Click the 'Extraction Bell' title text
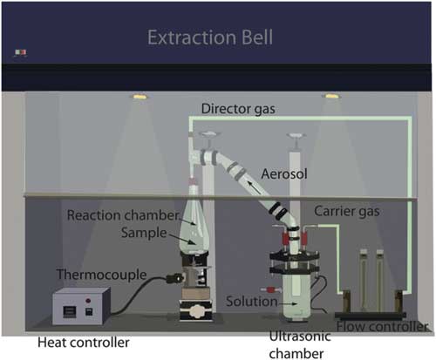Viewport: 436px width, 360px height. pyautogui.click(x=210, y=37)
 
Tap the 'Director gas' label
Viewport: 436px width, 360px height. pyautogui.click(x=238, y=109)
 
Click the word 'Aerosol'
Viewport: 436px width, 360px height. pyautogui.click(x=284, y=174)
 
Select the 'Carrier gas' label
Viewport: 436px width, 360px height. pyautogui.click(x=347, y=211)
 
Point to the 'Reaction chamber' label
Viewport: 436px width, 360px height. pyautogui.click(x=123, y=215)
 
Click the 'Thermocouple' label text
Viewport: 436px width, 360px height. pyautogui.click(x=101, y=275)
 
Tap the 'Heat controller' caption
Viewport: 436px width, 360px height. pyautogui.click(x=84, y=343)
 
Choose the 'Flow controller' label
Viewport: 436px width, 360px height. pyautogui.click(x=382, y=327)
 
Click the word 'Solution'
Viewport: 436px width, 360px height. pyautogui.click(x=252, y=302)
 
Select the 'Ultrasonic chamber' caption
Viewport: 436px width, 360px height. pyautogui.click(x=299, y=345)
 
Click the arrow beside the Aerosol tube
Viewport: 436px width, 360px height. pyautogui.click(x=254, y=187)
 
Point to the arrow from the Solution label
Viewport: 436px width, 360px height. pyautogui.click(x=288, y=303)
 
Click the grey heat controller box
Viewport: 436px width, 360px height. pyautogui.click(x=81, y=306)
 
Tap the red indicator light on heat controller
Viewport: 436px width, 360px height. pyautogui.click(x=88, y=301)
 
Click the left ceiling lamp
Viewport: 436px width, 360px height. pyautogui.click(x=140, y=96)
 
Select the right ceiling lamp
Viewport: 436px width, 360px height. pyautogui.click(x=331, y=96)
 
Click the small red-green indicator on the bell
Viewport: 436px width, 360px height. pyautogui.click(x=21, y=52)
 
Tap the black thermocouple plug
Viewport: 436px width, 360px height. pyautogui.click(x=174, y=279)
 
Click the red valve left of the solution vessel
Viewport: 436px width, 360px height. pyautogui.click(x=271, y=289)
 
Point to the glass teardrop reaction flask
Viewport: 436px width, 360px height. pyautogui.click(x=194, y=229)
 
